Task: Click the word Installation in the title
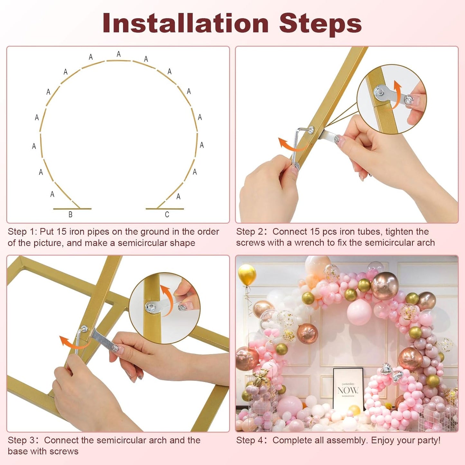[185, 23]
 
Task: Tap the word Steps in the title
[320, 23]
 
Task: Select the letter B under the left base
[70, 215]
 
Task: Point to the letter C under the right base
[167, 215]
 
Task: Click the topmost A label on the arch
[119, 54]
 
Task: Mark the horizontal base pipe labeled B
[72, 209]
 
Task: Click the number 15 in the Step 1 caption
[61, 232]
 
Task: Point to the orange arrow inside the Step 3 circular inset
[166, 298]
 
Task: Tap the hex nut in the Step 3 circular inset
[151, 308]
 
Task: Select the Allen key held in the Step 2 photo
[298, 142]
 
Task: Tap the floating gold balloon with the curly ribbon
[247, 274]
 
